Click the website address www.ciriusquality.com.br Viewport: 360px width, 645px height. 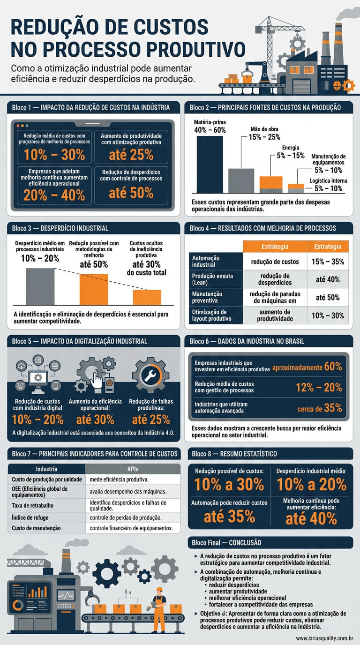coord(324,638)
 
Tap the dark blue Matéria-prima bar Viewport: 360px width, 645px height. coord(210,164)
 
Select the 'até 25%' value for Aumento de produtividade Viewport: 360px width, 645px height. coord(131,154)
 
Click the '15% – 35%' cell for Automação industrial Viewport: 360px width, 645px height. coord(328,262)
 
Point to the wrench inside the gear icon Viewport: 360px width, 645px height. coord(150,375)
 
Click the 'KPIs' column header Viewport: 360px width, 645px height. coord(133,469)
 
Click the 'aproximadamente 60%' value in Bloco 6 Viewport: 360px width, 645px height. coord(307,367)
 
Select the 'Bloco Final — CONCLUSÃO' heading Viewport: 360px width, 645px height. coord(226,542)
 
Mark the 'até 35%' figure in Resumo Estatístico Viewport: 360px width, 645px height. coord(229,516)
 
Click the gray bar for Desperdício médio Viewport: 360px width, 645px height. coord(40,286)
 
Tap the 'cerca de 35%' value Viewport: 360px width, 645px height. coord(319,409)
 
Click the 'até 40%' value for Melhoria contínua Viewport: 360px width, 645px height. coord(311,518)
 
